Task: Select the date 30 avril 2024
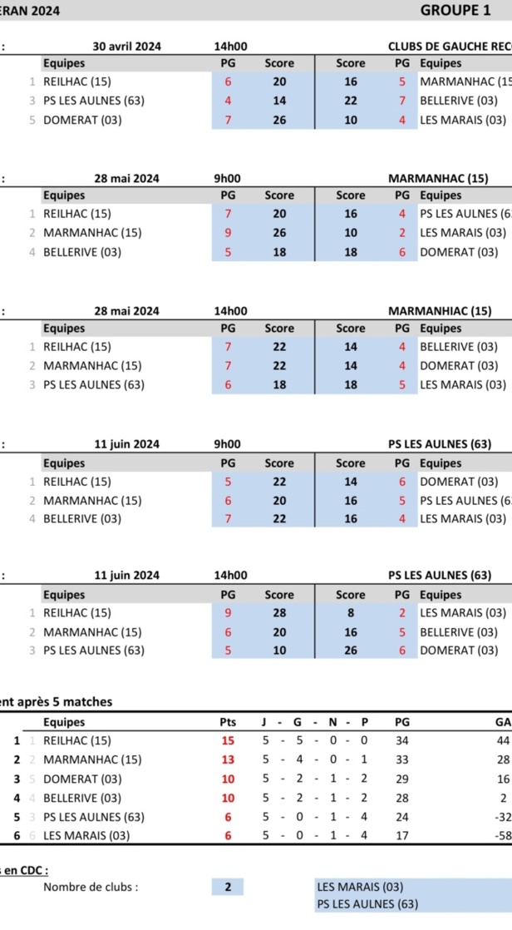pyautogui.click(x=126, y=47)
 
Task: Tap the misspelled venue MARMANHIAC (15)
pyautogui.click(x=439, y=311)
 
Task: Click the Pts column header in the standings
pyautogui.click(x=228, y=722)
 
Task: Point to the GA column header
pyautogui.click(x=502, y=722)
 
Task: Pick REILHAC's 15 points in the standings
pyautogui.click(x=228, y=740)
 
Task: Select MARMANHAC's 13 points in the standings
pyautogui.click(x=228, y=759)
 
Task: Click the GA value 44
pyautogui.click(x=502, y=740)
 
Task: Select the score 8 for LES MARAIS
pyautogui.click(x=351, y=613)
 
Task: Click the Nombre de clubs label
pyautogui.click(x=91, y=887)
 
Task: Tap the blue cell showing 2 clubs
pyautogui.click(x=228, y=887)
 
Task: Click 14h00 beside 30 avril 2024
pyautogui.click(x=230, y=47)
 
